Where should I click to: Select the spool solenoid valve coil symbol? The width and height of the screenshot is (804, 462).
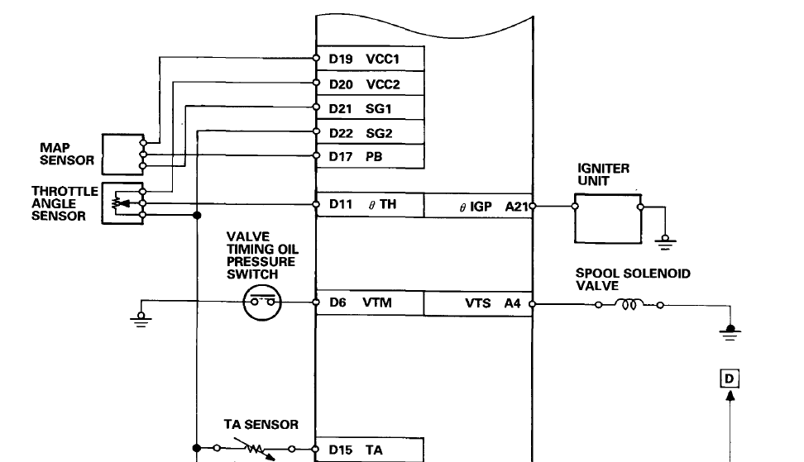[x=627, y=304]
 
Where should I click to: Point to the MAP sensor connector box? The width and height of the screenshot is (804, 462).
[x=122, y=153]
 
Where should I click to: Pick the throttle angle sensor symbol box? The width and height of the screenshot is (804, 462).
[x=122, y=203]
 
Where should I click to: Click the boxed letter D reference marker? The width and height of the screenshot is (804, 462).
[x=730, y=379]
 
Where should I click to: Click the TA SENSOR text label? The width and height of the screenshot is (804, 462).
[x=261, y=424]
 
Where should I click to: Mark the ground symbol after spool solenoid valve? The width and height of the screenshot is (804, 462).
[x=730, y=332]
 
